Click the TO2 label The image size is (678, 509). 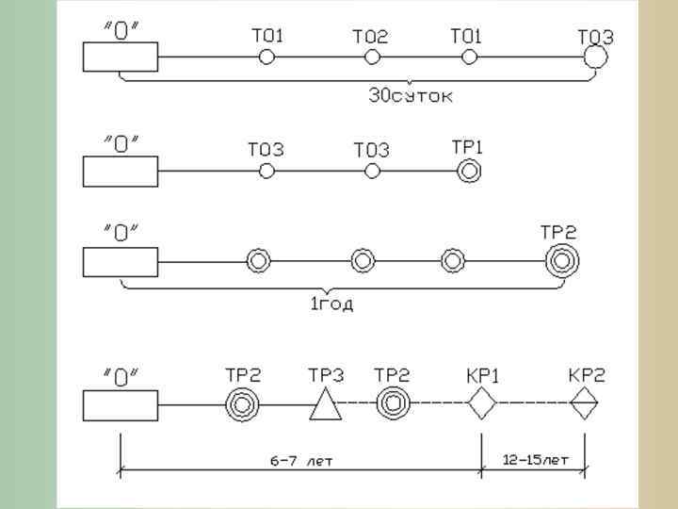pyautogui.click(x=370, y=38)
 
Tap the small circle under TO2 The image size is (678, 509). pyautogui.click(x=373, y=57)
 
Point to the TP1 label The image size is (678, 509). pyautogui.click(x=468, y=148)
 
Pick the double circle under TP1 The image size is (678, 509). pyautogui.click(x=468, y=171)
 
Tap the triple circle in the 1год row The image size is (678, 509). pyautogui.click(x=562, y=259)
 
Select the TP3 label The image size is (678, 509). pyautogui.click(x=326, y=375)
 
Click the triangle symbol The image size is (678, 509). pyautogui.click(x=325, y=405)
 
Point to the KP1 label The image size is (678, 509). pyautogui.click(x=482, y=375)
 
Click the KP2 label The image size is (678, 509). pyautogui.click(x=586, y=375)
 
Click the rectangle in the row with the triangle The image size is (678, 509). pyautogui.click(x=121, y=405)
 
